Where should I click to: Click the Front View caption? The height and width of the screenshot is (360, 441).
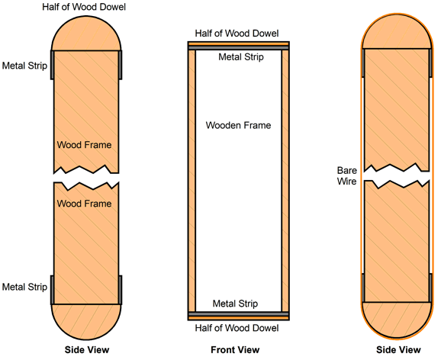(x=235, y=349)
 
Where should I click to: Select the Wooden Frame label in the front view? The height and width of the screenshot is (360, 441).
(x=238, y=125)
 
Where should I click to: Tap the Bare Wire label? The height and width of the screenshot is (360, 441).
(x=347, y=175)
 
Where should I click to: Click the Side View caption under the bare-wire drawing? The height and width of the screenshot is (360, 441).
(x=398, y=349)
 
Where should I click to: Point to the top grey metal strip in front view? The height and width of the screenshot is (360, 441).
(x=239, y=48)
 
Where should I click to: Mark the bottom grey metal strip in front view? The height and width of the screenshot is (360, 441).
(x=239, y=314)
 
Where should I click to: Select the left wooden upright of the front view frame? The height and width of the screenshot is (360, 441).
(x=192, y=181)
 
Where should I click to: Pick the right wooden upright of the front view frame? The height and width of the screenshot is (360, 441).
(x=285, y=181)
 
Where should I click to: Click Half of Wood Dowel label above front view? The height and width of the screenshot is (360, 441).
(x=237, y=34)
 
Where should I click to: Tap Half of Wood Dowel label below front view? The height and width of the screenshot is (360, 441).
(x=237, y=328)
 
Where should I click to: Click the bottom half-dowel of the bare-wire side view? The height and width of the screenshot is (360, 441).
(x=397, y=320)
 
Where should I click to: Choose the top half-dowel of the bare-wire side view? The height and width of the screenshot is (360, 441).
(x=397, y=31)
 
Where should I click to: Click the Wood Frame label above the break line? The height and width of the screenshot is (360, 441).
(x=84, y=145)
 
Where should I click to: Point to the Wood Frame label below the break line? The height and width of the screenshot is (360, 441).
(x=84, y=204)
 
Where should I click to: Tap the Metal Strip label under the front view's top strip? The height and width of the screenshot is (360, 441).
(x=241, y=57)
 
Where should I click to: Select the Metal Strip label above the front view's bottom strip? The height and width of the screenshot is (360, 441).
(x=235, y=304)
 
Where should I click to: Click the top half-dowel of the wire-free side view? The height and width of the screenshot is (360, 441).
(x=86, y=34)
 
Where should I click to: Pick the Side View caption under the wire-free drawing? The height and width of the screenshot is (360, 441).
(x=87, y=349)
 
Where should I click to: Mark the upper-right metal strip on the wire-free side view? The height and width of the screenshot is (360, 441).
(x=121, y=65)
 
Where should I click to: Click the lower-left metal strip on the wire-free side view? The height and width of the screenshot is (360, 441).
(x=53, y=290)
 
